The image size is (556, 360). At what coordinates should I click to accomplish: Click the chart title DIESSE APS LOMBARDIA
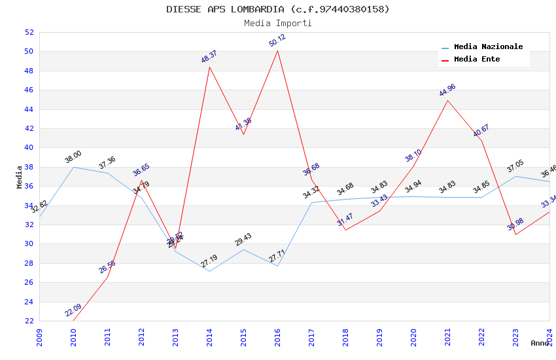(x=277, y=9)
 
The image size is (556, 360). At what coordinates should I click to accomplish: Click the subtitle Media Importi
(x=277, y=23)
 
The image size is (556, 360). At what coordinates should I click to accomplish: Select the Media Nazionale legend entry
(x=488, y=47)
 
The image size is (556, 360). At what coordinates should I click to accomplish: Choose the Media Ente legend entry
(x=476, y=59)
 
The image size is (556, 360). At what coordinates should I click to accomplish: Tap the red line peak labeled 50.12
(x=277, y=50)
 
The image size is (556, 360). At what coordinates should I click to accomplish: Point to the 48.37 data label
(x=209, y=57)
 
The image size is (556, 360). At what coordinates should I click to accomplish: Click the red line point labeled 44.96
(x=447, y=100)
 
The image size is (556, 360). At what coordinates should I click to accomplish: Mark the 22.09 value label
(x=73, y=310)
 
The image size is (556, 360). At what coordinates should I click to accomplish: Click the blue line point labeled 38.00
(x=73, y=167)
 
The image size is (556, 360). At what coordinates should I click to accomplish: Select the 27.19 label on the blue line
(x=209, y=262)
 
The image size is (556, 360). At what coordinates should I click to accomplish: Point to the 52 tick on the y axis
(x=29, y=32)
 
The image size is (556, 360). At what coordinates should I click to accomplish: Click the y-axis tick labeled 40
(x=29, y=148)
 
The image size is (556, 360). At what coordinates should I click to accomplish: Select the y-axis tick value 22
(x=29, y=321)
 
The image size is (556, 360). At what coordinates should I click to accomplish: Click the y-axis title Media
(x=20, y=177)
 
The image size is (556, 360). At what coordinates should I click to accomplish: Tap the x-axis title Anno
(x=540, y=343)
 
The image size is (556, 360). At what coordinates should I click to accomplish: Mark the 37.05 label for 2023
(x=515, y=168)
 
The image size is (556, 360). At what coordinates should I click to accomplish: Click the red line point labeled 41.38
(x=243, y=134)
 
